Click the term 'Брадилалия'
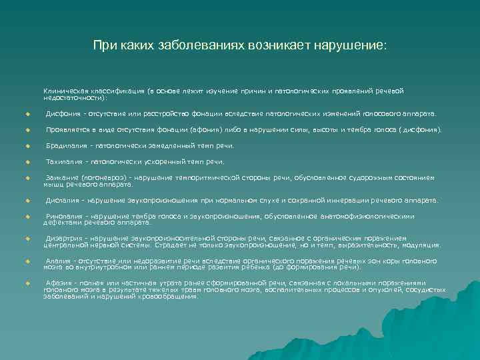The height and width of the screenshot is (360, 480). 65,145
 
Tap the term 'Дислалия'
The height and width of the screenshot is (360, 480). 62,200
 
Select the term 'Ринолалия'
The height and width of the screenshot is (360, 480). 63,216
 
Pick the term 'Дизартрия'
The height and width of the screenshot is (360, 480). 63,239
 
